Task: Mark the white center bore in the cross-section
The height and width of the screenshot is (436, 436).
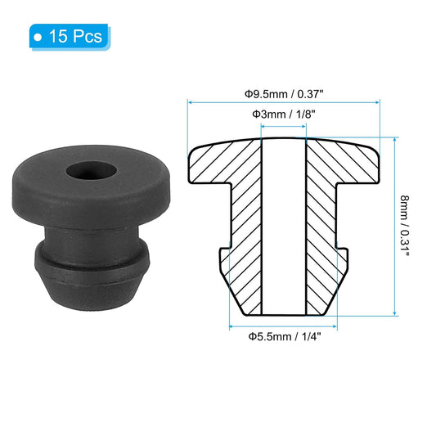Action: coord(284,229)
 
